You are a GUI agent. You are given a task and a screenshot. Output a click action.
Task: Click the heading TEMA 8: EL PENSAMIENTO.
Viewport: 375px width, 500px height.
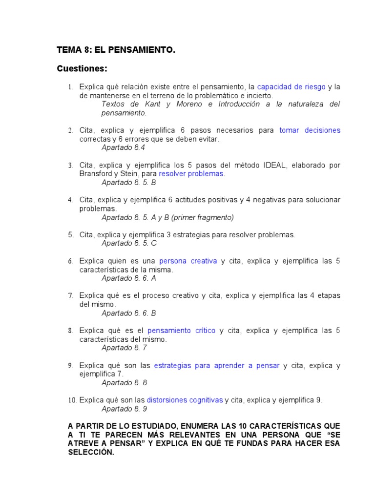(x=116, y=49)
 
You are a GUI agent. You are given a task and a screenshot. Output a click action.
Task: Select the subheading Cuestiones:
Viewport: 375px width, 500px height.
(x=82, y=68)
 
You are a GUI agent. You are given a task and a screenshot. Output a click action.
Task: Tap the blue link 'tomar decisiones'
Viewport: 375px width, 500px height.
(x=310, y=130)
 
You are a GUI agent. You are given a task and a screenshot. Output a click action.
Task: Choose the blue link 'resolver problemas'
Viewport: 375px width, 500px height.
(x=191, y=173)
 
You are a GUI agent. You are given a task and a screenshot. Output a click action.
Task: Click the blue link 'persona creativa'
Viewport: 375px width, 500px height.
(x=188, y=261)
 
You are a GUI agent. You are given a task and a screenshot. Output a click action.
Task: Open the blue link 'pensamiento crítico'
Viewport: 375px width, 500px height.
(x=181, y=331)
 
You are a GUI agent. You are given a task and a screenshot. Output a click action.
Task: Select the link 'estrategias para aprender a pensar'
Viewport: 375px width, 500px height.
(x=217, y=365)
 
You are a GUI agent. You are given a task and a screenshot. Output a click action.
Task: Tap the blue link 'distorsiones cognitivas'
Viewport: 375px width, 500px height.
(x=185, y=400)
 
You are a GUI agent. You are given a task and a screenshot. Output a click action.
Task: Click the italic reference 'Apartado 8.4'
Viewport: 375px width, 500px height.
(x=124, y=147)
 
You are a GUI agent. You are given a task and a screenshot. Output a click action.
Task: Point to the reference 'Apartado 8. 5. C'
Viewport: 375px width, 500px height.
(x=129, y=243)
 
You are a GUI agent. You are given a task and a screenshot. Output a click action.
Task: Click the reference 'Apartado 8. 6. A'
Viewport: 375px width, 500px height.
(x=129, y=278)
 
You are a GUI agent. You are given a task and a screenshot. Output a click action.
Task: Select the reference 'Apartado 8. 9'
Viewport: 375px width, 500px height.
(x=124, y=409)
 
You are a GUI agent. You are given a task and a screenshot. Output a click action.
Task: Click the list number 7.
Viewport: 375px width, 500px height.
(x=71, y=296)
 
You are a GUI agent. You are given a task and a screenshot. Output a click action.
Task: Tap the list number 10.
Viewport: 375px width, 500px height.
(x=72, y=400)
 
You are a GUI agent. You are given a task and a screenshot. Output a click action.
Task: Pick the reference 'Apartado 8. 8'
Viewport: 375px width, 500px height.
(x=124, y=383)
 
